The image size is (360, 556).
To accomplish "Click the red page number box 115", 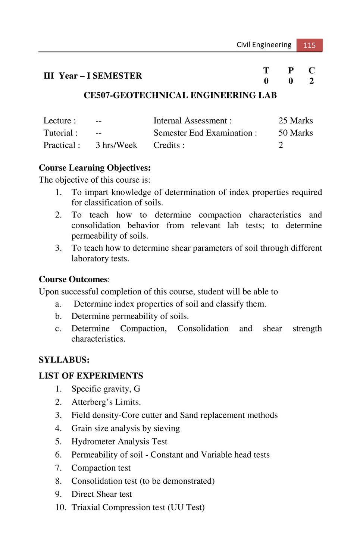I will (x=309, y=45).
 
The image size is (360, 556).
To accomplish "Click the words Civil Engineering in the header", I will (x=264, y=45).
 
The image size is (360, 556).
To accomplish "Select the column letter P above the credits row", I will (x=291, y=70).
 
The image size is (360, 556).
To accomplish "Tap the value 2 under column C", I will (x=312, y=81).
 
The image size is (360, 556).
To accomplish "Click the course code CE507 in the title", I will (x=97, y=95).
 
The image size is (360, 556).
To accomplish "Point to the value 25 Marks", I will (x=295, y=121).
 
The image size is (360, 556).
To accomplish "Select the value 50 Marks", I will (x=295, y=133).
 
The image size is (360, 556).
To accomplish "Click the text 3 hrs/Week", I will (x=116, y=145).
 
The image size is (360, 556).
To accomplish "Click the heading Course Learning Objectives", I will (x=95, y=168).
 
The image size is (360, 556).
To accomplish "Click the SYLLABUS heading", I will (x=64, y=360).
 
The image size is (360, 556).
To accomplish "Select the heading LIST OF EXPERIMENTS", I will (x=91, y=376).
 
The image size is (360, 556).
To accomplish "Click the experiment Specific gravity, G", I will (x=106, y=389).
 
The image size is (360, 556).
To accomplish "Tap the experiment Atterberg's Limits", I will (x=106, y=402).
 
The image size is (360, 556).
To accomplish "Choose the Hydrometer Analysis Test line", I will (x=119, y=442).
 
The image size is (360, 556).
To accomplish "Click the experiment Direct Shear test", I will (x=101, y=494).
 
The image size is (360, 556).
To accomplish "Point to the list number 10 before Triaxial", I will (x=60, y=507).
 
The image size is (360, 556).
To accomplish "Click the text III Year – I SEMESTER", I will (x=93, y=76).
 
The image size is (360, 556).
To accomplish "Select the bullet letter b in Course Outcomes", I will (x=58, y=316).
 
